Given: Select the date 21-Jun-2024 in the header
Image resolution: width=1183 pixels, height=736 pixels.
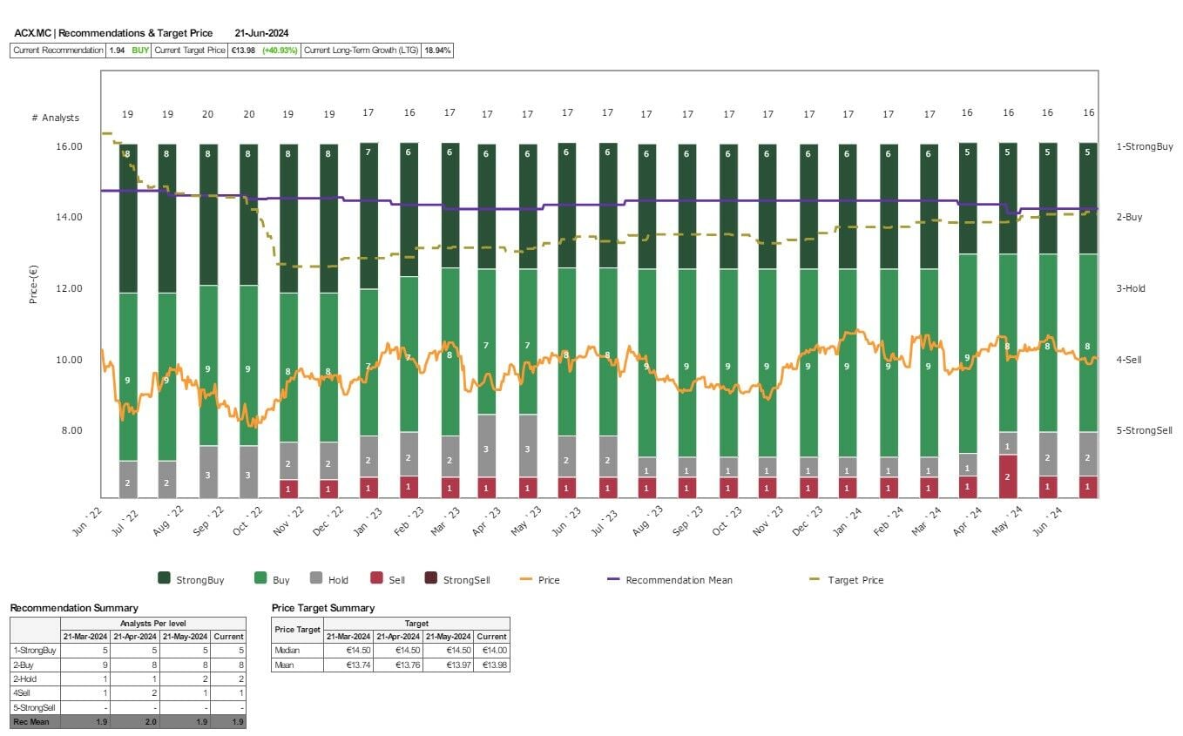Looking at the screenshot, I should point(261,33).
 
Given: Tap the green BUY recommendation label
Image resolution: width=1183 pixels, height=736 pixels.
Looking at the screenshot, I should point(140,51).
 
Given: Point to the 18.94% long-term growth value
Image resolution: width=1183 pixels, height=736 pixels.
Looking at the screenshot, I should point(436,51).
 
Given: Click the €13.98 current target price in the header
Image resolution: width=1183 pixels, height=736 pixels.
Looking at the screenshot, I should point(243,51).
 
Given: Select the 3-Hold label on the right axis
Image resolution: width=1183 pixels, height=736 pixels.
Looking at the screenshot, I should point(1131,288).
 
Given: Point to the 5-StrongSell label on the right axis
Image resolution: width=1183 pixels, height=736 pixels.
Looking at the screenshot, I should point(1144,430).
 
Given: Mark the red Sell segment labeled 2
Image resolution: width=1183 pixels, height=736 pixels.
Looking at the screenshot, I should point(1008,476).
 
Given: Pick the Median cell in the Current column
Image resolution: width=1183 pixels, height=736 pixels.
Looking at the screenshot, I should point(492,650).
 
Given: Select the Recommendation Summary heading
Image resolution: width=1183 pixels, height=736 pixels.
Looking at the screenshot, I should point(73,608).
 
